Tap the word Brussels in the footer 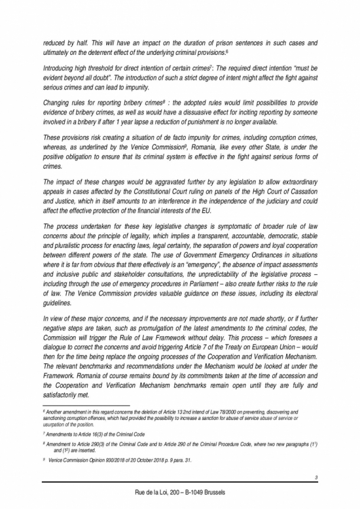click(225, 492)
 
